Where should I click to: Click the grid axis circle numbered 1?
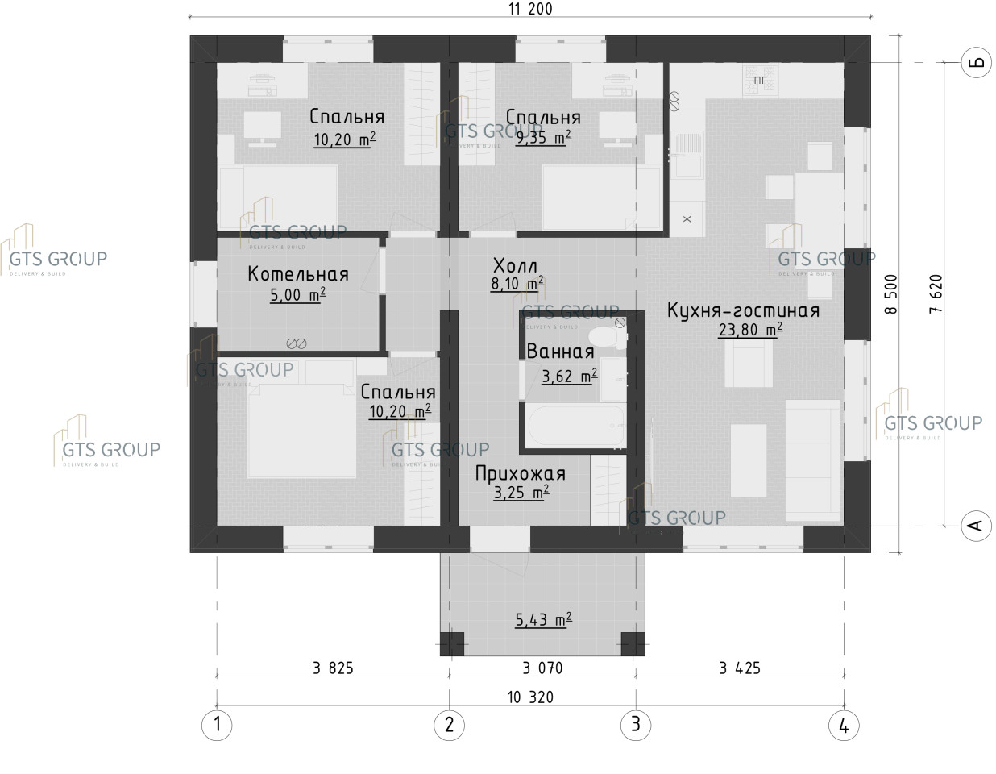point(217,725)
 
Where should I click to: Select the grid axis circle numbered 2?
point(449,725)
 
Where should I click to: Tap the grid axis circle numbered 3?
point(636,725)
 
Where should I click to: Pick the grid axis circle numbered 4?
point(844,726)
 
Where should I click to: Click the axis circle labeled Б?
point(977,62)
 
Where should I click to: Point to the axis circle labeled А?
point(977,526)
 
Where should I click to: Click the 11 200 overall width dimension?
point(530,9)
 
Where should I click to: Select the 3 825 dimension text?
point(334,668)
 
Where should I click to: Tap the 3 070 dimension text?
point(542,668)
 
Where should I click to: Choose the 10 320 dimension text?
point(530,697)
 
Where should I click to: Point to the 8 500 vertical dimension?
point(891,294)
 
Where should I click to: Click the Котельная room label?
point(298,274)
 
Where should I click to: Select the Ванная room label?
point(560,352)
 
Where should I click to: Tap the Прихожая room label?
point(521,473)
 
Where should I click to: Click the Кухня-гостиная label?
point(743,310)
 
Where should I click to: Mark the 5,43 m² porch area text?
point(543,620)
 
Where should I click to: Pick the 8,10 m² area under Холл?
point(517,284)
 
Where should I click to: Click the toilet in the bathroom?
point(608,338)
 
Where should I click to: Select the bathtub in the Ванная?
point(575,425)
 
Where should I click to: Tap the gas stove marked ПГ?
point(759,80)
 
